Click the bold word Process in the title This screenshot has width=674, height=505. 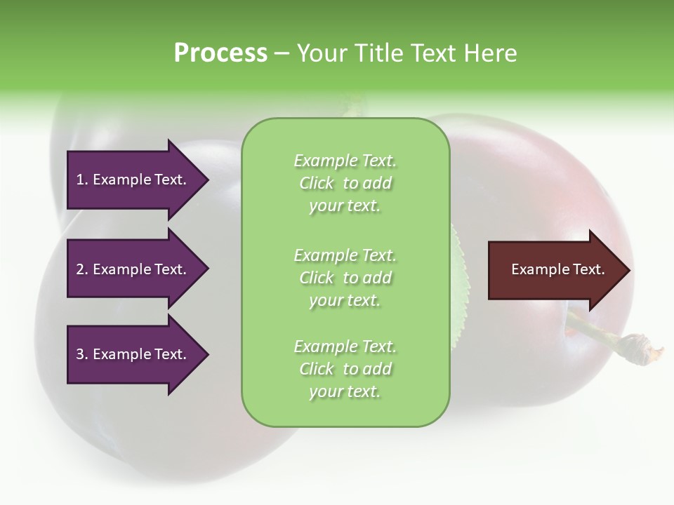click(x=220, y=53)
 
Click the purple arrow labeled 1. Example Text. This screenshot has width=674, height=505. click(x=131, y=180)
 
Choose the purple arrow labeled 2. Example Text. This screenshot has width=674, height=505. click(x=131, y=269)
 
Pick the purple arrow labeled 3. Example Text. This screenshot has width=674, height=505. click(x=131, y=354)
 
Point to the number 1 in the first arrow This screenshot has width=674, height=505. click(x=79, y=180)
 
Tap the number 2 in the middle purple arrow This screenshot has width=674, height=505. click(x=80, y=269)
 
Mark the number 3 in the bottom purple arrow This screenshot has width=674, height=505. click(x=80, y=354)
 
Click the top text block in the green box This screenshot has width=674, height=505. click(x=345, y=183)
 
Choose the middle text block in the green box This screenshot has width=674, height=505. click(x=345, y=278)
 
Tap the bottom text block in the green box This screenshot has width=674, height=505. click(x=345, y=369)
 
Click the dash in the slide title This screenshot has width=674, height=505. click(x=282, y=53)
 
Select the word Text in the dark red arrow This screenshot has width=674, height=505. click(x=590, y=269)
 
